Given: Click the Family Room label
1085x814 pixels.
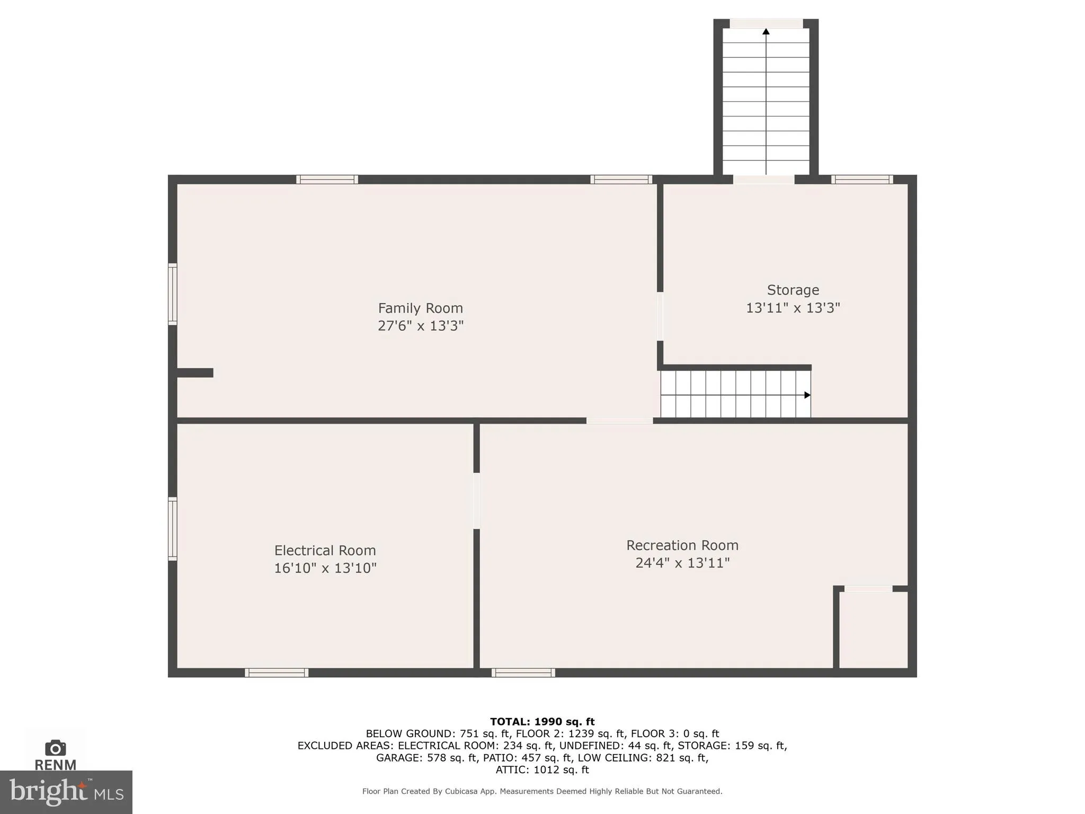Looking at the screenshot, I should [420, 308].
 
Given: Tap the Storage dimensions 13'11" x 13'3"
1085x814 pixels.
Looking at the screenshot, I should [793, 308].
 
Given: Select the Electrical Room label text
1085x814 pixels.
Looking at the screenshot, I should [325, 550].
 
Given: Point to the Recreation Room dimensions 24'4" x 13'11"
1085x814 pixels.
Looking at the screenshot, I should [682, 563].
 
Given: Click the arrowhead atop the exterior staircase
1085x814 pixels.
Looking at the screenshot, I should [766, 32].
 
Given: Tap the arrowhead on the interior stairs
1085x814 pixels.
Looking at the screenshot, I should [807, 395].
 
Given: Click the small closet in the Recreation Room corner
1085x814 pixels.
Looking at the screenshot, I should [873, 629].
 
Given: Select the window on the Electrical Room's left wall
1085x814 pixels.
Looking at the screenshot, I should [172, 528].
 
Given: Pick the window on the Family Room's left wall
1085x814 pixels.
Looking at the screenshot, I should [172, 294].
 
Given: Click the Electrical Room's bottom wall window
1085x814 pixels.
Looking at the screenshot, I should [277, 673].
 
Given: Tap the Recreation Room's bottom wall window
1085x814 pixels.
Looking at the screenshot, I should [523, 673].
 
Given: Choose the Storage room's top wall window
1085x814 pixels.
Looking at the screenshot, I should [862, 180].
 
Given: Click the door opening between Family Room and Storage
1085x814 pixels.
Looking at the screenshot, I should [660, 316].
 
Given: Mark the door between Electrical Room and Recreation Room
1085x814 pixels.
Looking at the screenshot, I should [476, 500].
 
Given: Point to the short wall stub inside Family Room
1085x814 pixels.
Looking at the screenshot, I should [194, 373].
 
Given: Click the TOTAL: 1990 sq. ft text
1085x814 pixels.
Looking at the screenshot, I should [542, 721].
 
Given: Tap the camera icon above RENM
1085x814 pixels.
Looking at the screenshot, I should [55, 748].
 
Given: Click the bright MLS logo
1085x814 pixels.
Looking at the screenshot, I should [66, 792].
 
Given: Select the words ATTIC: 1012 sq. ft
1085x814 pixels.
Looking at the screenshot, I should [542, 769].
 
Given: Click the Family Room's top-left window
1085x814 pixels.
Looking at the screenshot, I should [327, 180].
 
